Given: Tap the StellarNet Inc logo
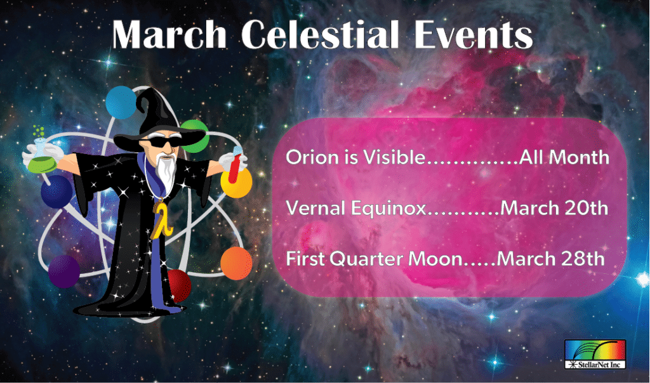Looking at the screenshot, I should click(595, 355).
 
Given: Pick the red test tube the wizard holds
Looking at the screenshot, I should click(235, 165).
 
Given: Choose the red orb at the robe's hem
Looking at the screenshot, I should click(180, 285).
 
